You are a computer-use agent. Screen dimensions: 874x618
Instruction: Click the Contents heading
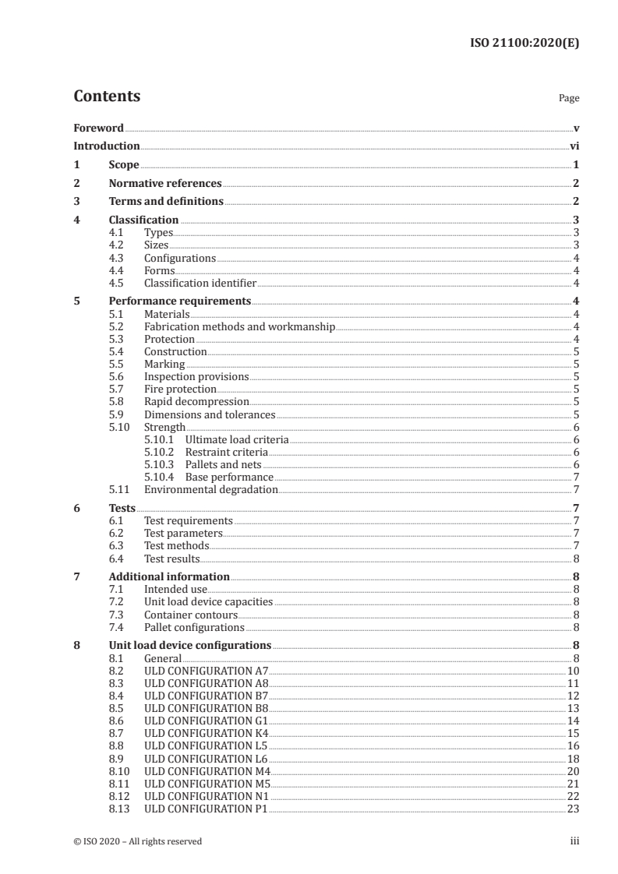tap(107, 97)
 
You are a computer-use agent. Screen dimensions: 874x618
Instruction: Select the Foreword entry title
tap(98, 128)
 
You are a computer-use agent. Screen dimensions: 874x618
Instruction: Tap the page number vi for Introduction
tap(574, 146)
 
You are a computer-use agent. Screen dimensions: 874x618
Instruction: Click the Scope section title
tap(124, 164)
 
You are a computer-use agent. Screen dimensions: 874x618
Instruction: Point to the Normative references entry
tap(165, 183)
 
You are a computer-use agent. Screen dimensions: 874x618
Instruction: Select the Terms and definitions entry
tap(166, 202)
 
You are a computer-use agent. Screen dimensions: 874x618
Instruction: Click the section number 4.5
tap(118, 283)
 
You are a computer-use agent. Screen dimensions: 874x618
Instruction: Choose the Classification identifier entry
tap(200, 283)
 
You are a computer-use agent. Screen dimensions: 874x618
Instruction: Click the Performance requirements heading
tap(179, 301)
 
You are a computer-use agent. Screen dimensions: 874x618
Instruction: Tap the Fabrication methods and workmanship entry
tap(239, 326)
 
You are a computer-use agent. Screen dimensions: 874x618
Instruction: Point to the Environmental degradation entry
tap(210, 489)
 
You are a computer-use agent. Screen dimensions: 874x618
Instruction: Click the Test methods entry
tap(176, 545)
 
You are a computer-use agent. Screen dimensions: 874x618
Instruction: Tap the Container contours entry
tap(191, 614)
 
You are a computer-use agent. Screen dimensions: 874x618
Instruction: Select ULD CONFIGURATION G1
tap(207, 721)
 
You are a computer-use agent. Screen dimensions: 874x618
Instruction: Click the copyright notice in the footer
tap(137, 841)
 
